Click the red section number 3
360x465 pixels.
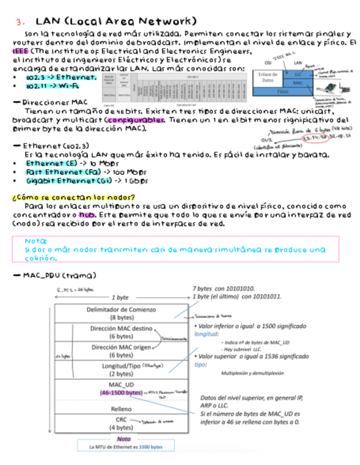click(x=20, y=22)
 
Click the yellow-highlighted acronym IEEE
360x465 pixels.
click(x=20, y=50)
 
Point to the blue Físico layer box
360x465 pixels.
click(x=283, y=92)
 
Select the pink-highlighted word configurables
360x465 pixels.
click(x=135, y=120)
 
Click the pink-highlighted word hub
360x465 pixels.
click(x=87, y=214)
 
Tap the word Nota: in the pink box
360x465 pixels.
click(x=36, y=241)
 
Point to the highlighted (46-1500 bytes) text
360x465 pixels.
click(x=121, y=392)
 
